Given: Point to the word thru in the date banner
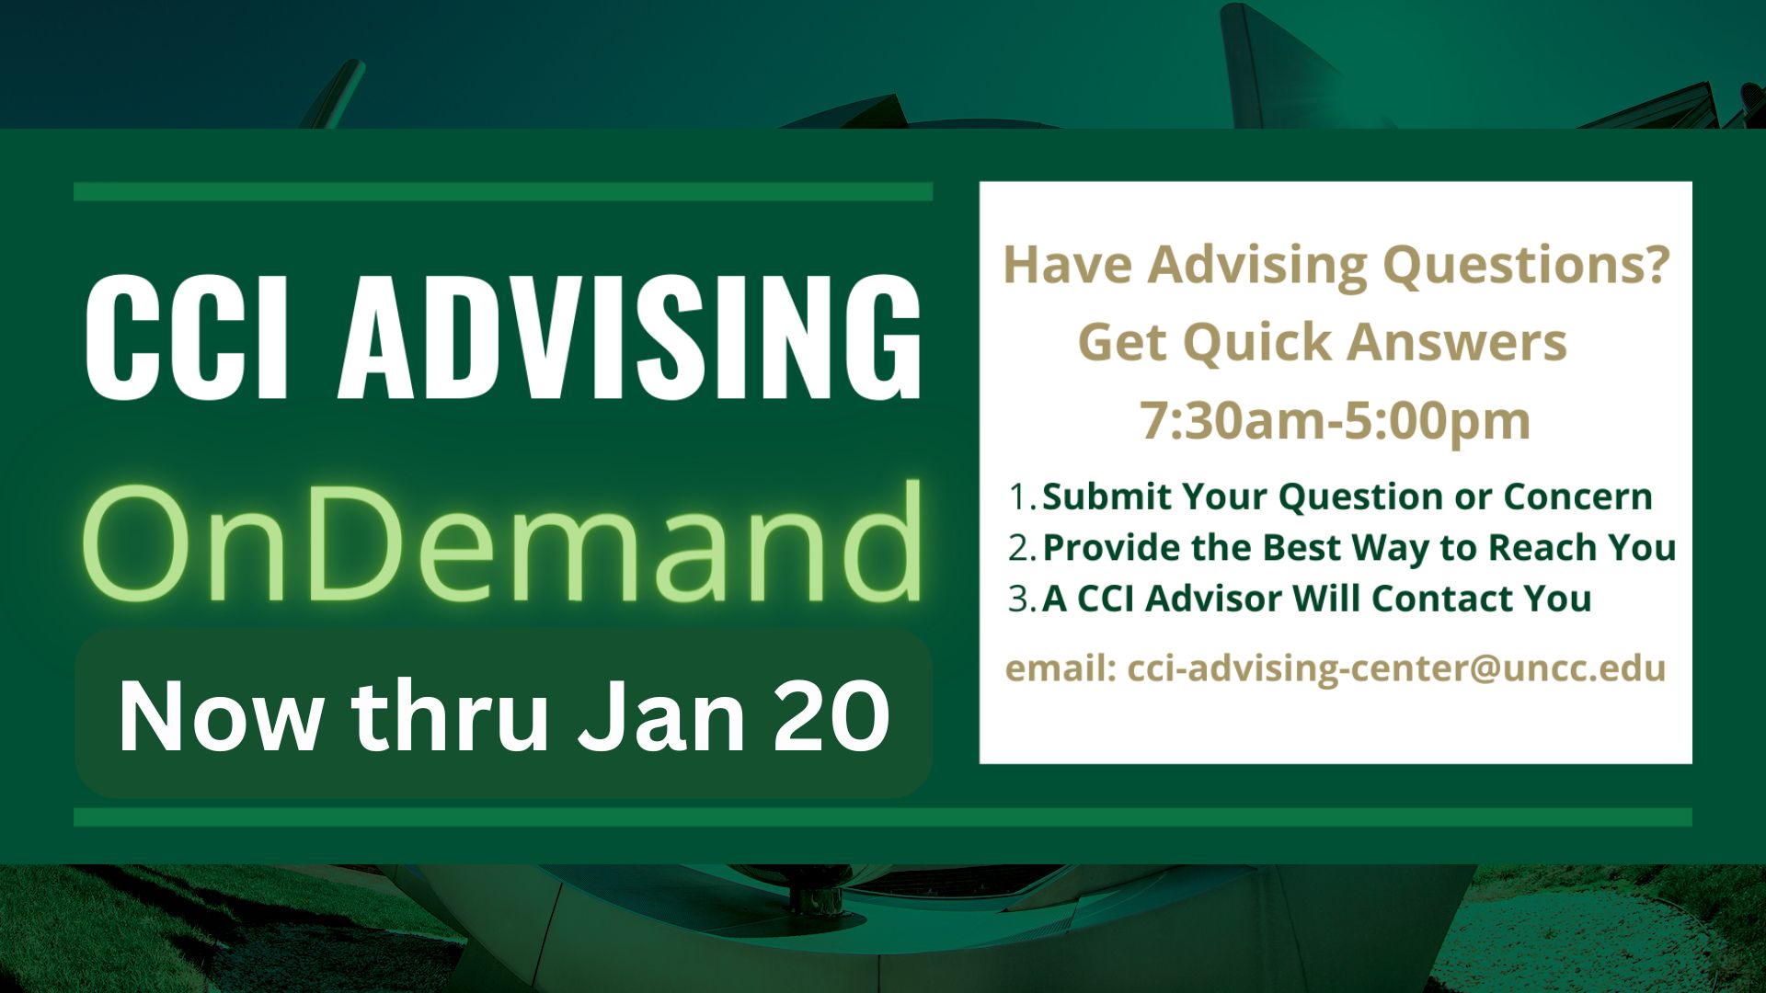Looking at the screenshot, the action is pyautogui.click(x=451, y=714).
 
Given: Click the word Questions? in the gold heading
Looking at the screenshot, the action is pyautogui.click(x=1526, y=266).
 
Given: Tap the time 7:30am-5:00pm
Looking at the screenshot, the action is pyautogui.click(x=1336, y=421).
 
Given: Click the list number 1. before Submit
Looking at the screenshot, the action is pyautogui.click(x=1023, y=496).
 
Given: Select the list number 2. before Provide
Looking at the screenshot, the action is pyautogui.click(x=1023, y=548).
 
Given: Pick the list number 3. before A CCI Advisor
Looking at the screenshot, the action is pyautogui.click(x=1023, y=599).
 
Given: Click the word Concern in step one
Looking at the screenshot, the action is pyautogui.click(x=1577, y=496).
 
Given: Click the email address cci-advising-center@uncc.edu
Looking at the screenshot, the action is pyautogui.click(x=1396, y=668).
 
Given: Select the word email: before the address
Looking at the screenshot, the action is pyautogui.click(x=1061, y=668).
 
